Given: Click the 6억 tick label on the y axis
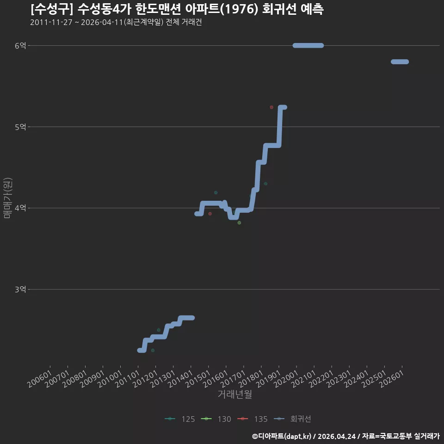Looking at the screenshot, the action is [20, 46].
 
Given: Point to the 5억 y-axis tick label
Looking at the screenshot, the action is [20, 127].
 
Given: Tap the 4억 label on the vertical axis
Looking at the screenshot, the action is [20, 208].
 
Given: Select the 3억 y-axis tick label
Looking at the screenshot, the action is [20, 290].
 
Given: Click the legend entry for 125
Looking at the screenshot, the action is [179, 419].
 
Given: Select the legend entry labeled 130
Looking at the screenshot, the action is [216, 419].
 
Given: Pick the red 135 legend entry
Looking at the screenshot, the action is [253, 419].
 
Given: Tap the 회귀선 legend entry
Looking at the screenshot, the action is [292, 419].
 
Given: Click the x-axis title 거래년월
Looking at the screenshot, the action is [235, 394].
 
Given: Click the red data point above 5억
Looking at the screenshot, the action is [271, 107].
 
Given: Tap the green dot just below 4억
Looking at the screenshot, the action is [239, 223].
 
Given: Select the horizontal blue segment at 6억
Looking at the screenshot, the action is [308, 46].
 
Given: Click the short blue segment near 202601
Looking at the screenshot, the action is [400, 62].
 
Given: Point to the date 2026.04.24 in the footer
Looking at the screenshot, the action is [336, 436].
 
